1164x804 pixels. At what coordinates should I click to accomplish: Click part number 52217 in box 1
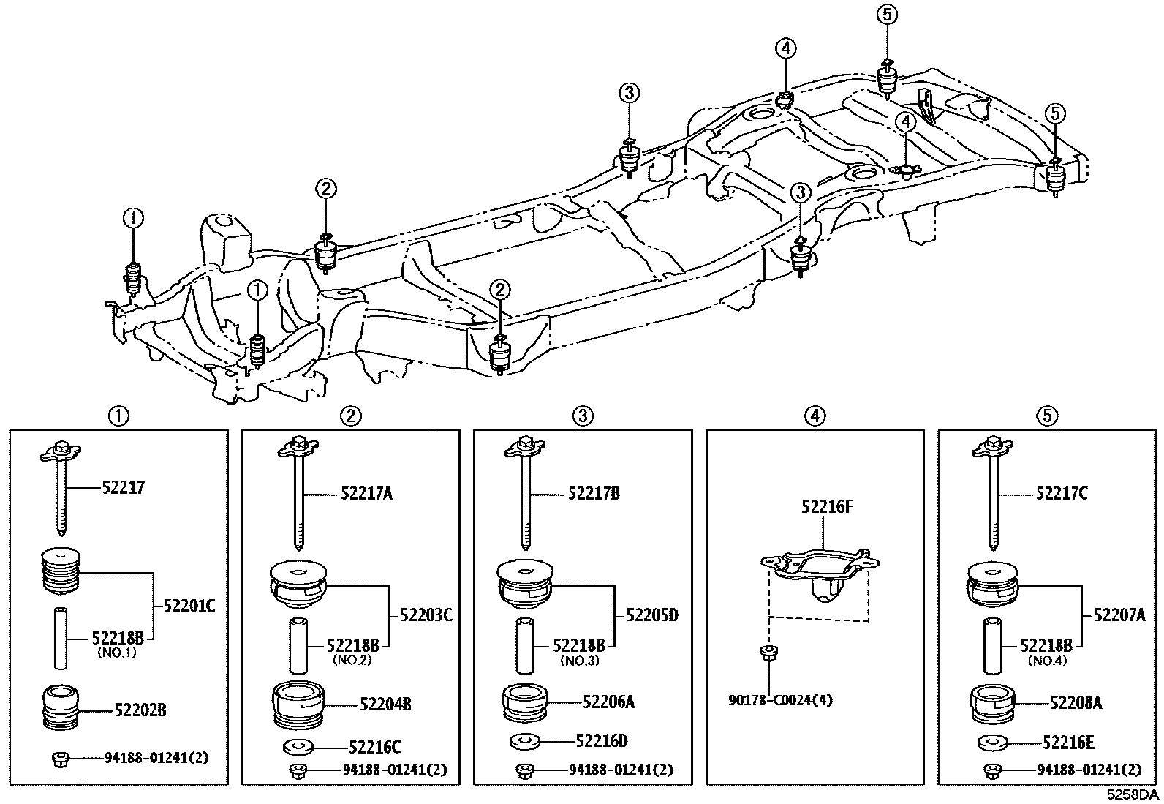[123, 487]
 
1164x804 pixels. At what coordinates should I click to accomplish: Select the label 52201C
[189, 606]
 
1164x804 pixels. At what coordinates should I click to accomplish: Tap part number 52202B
[140, 710]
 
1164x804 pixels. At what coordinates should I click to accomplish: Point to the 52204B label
[385, 705]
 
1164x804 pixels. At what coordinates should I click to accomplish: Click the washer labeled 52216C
[297, 748]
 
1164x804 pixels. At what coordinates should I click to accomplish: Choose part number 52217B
[594, 494]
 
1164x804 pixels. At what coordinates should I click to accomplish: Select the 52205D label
[652, 615]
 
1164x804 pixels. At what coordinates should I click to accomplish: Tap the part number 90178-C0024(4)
[780, 700]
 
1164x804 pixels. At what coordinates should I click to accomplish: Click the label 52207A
[1119, 615]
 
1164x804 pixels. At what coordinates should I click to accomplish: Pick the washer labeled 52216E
[992, 743]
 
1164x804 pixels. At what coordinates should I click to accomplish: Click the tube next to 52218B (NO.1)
[61, 637]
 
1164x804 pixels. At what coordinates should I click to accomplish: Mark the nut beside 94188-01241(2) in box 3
[524, 770]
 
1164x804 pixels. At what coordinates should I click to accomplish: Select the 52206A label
[608, 702]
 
